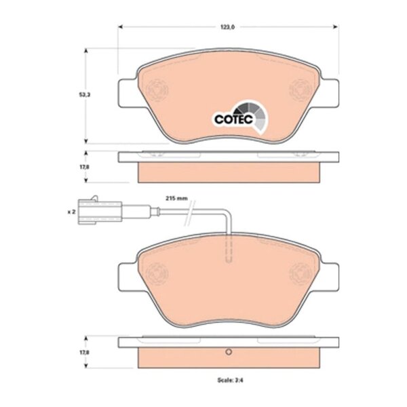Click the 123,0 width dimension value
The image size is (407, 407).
point(228,27)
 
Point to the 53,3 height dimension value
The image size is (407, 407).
point(85,95)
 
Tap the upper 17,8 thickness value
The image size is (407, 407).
point(84,167)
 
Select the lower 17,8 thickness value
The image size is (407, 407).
point(84,353)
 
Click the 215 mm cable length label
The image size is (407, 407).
point(176,199)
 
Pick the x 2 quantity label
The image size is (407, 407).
point(71,212)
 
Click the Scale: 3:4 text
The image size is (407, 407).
point(230,381)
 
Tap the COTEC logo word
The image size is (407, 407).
point(233,119)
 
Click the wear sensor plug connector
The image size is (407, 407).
point(100,211)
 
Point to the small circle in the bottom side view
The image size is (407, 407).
point(229,352)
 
